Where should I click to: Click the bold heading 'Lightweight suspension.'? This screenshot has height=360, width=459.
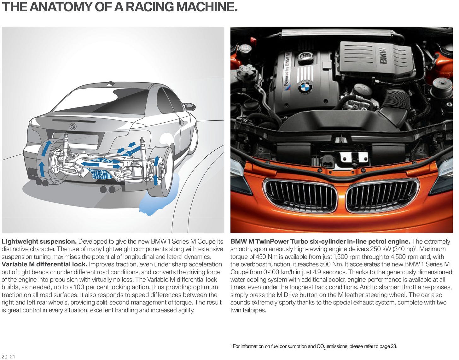[x=39, y=241]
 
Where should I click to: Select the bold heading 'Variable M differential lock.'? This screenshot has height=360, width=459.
[x=44, y=264]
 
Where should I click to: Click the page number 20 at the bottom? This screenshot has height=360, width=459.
[x=4, y=357]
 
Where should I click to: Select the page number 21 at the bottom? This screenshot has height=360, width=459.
[x=13, y=357]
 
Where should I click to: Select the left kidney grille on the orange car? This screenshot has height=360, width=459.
[x=300, y=195]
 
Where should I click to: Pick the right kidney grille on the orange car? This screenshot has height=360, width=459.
[x=382, y=195]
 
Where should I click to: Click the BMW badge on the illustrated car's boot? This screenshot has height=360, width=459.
[x=73, y=126]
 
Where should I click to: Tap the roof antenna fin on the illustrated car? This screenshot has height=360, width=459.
[x=111, y=84]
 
